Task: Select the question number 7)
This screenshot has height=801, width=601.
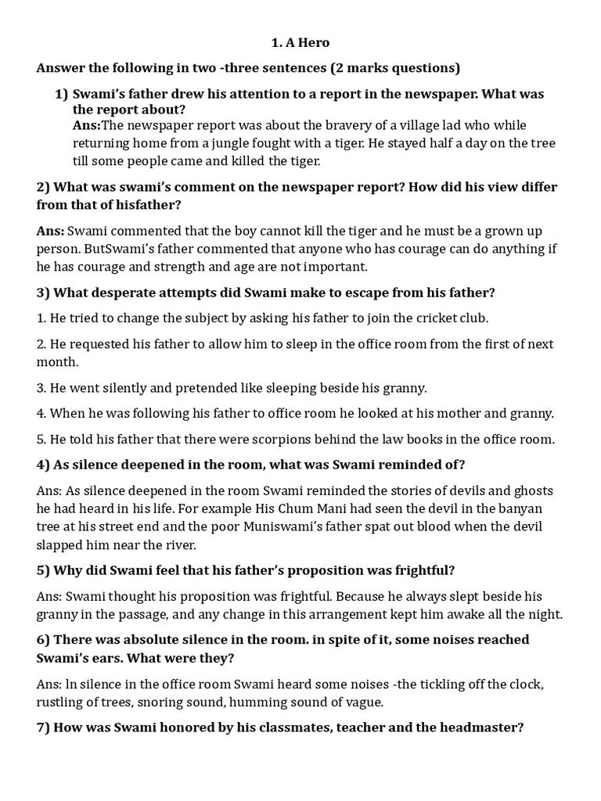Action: click(44, 727)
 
